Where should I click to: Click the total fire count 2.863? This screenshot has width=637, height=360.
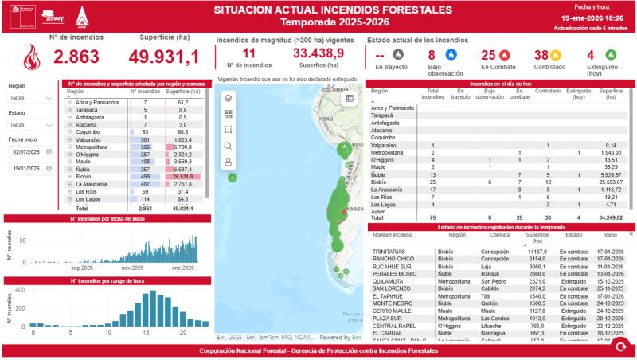coord(76,57)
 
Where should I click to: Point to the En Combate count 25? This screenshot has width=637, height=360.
coord(488,56)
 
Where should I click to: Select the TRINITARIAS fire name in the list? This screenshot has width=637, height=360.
coord(389,251)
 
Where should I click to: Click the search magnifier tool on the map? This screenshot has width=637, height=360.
coord(229,145)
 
